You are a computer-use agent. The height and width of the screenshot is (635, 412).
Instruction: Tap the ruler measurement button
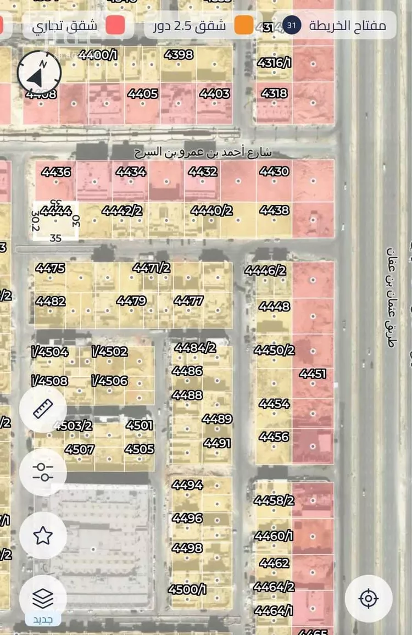(43, 409)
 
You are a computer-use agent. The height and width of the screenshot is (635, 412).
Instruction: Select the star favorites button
(43, 535)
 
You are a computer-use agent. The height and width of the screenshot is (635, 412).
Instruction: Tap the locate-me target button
(369, 598)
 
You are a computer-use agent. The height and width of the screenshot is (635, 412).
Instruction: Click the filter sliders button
(43, 472)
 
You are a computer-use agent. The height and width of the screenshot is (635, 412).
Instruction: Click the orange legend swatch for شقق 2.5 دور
(244, 25)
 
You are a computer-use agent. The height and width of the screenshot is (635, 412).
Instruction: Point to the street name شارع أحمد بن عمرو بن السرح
(203, 152)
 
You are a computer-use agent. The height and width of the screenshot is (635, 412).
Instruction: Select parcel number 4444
(56, 211)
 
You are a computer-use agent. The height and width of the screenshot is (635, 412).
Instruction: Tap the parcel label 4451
(313, 374)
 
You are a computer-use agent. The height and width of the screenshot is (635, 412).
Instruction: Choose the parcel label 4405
(143, 94)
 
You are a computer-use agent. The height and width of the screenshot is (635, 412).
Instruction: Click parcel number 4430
(274, 172)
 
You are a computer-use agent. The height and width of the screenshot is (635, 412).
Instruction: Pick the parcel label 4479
(131, 300)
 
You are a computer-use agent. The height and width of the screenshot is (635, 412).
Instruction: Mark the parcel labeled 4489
(217, 419)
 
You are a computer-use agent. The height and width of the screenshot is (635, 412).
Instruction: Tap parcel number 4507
(80, 449)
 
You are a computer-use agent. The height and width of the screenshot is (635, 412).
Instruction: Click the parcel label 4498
(187, 548)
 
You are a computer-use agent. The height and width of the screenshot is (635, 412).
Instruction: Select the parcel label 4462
(274, 563)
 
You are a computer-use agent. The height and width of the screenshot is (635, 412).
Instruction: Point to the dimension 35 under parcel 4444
(55, 238)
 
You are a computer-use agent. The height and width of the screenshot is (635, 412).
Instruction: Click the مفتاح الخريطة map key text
(347, 25)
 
